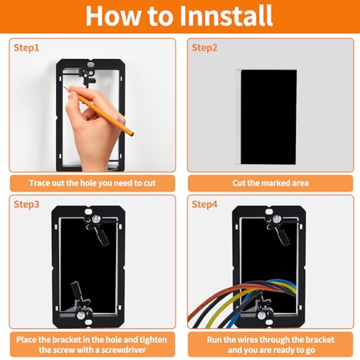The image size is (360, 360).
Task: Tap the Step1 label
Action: point(26,48)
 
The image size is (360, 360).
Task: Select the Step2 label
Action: point(204,48)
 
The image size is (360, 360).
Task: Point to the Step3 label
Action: point(27,204)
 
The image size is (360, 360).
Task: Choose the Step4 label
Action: point(204,204)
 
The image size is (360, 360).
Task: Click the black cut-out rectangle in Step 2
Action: point(269,117)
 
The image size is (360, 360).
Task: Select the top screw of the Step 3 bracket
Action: point(96,219)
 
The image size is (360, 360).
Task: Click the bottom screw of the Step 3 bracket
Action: point(81,315)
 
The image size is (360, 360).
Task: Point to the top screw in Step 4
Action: point(276,219)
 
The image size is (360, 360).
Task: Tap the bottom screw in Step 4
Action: point(261,315)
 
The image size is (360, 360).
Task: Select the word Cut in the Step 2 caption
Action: point(238,183)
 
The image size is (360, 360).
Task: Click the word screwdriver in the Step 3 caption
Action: point(123,350)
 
